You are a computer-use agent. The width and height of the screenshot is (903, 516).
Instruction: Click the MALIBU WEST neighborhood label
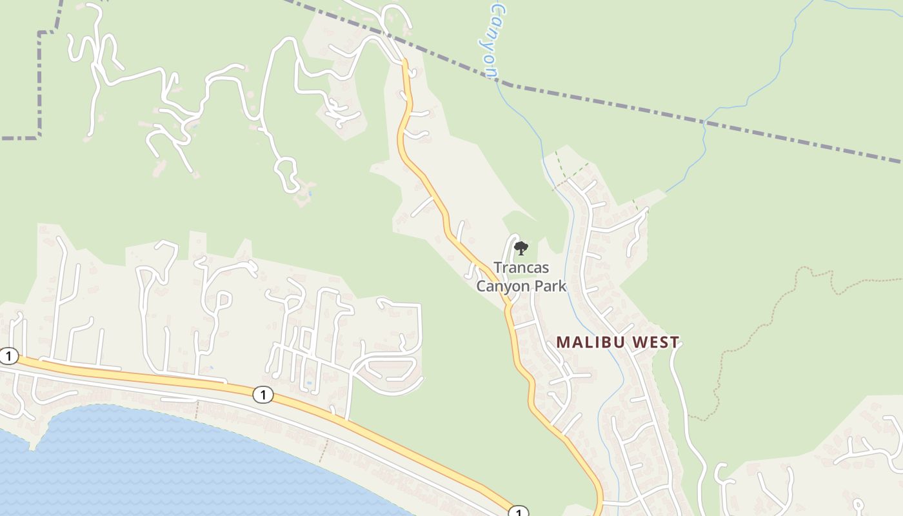coord(617,342)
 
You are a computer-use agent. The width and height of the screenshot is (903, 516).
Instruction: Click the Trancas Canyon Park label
coord(521,276)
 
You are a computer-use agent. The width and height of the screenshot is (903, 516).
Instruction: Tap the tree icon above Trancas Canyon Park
coord(521,248)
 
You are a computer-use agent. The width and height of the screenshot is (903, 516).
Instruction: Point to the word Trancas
coord(521,267)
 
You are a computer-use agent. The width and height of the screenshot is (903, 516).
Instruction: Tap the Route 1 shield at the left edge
coord(8,355)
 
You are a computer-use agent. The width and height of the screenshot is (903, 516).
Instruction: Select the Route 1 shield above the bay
coord(263,394)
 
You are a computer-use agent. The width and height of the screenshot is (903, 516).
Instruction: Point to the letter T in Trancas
coord(497,267)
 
